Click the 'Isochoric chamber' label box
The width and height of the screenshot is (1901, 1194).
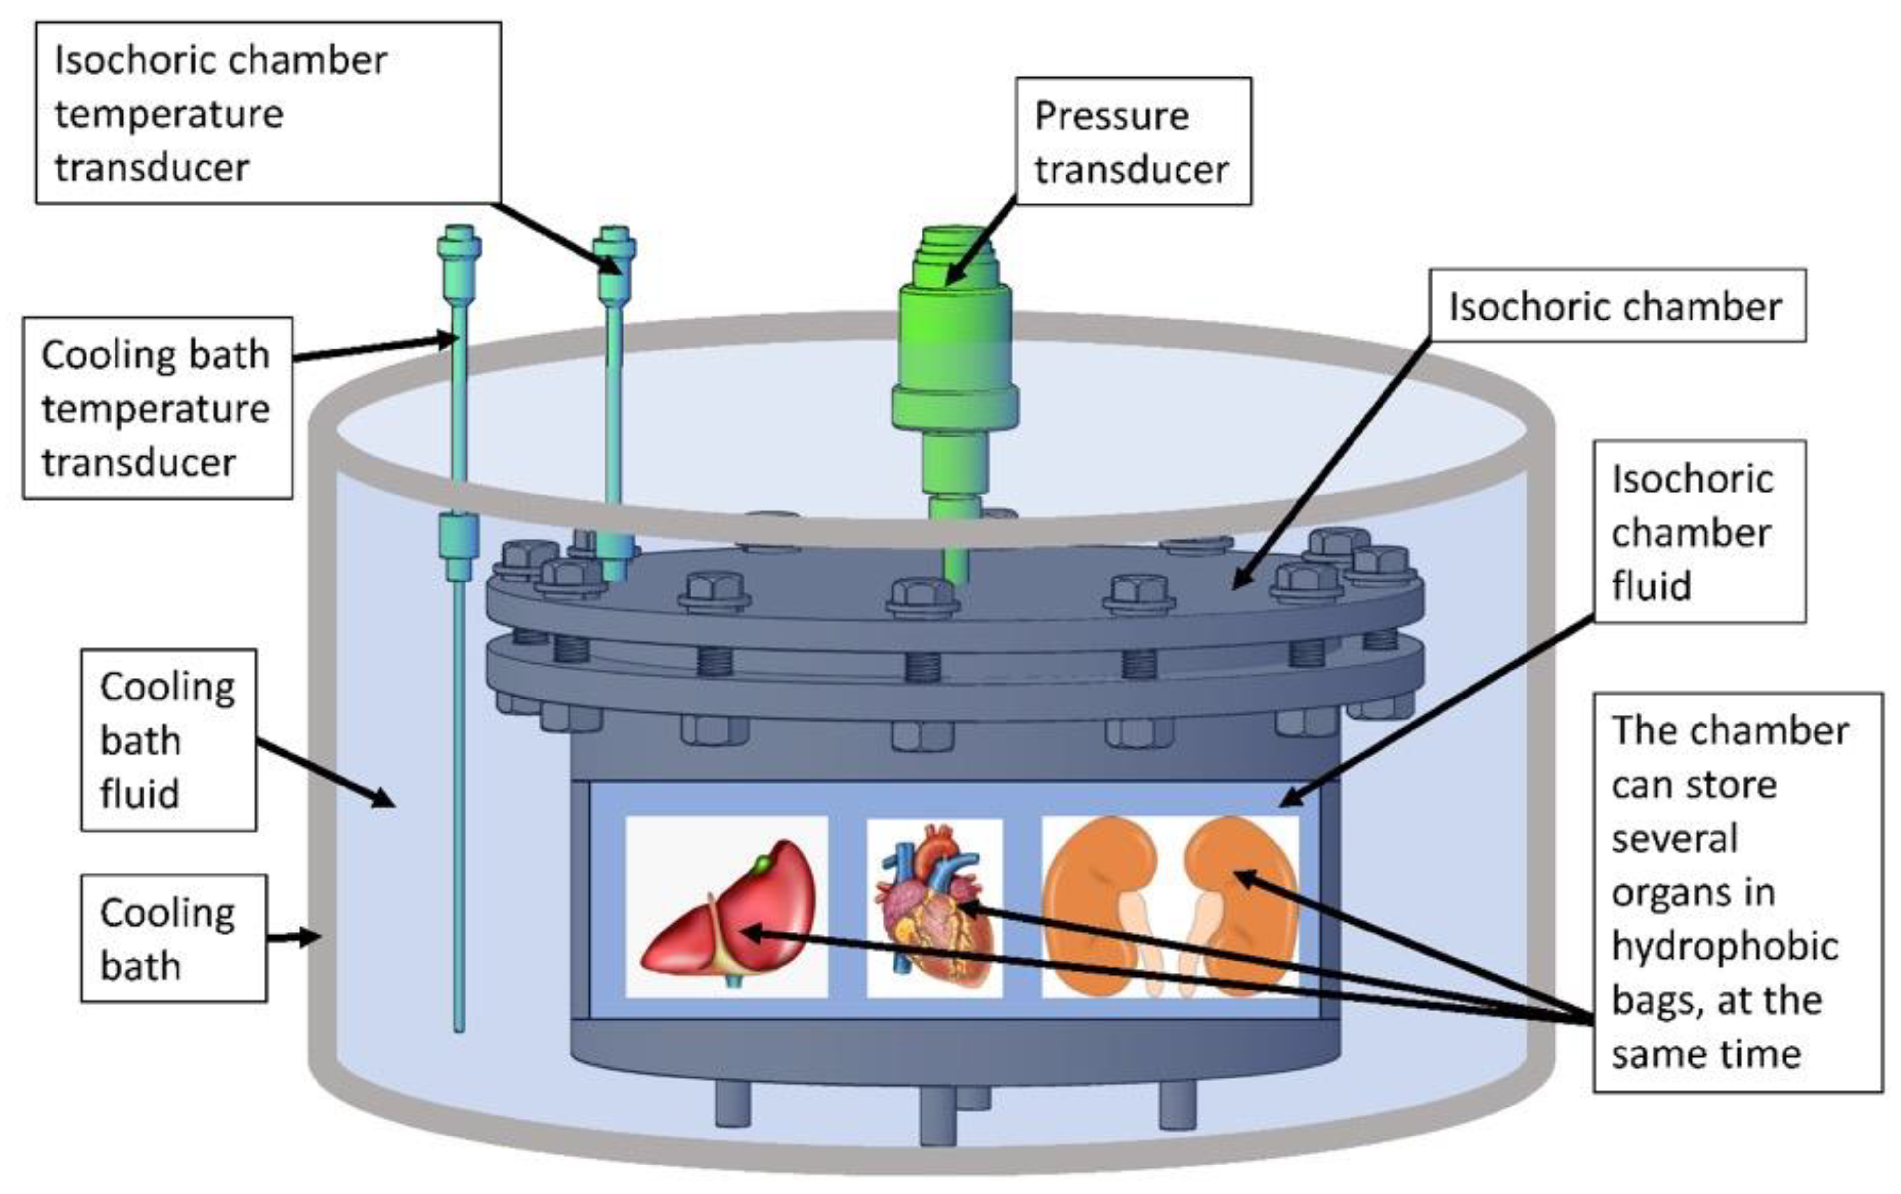[x=1617, y=306]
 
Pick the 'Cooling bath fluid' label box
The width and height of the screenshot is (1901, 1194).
[x=168, y=740]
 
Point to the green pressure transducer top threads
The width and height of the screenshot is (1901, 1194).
[x=953, y=245]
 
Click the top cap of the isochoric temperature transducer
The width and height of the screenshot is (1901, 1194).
[x=614, y=237]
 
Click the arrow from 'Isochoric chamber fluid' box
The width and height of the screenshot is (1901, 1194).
[x=1437, y=711]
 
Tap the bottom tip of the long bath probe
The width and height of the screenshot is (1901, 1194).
[x=459, y=1026]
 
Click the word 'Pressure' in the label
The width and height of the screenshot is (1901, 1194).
[x=1112, y=117]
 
